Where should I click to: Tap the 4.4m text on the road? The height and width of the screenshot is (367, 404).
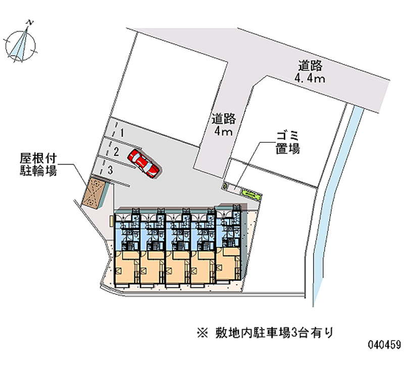point(310,78)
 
